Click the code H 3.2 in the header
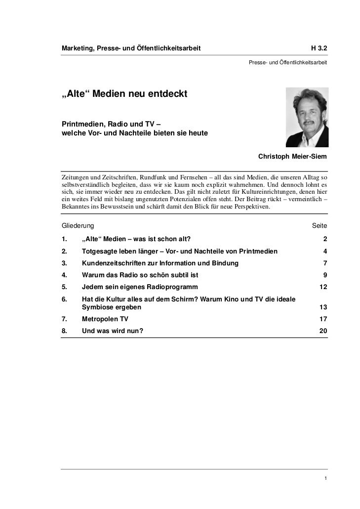[319, 48]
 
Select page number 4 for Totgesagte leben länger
[325, 251]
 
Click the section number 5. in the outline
[65, 287]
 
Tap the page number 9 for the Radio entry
[325, 275]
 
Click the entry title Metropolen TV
[105, 319]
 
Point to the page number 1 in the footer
[325, 478]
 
